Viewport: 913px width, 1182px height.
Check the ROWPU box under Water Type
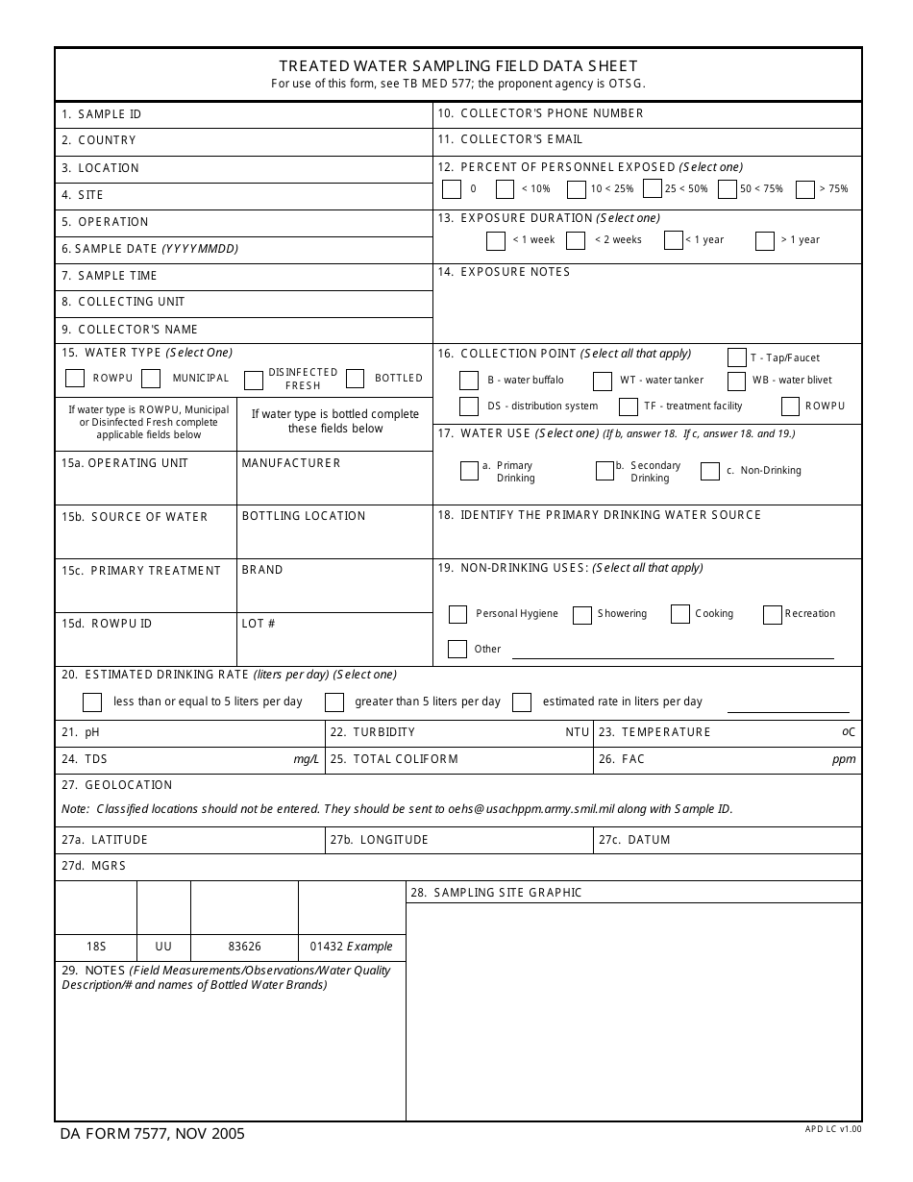point(75,379)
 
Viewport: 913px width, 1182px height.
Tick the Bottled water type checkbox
point(355,379)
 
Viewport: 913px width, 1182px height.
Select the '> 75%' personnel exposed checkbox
point(805,189)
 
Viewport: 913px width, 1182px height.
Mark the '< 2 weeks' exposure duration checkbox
point(576,240)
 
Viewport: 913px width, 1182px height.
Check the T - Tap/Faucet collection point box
point(737,357)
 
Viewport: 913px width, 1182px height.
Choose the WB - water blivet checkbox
point(736,381)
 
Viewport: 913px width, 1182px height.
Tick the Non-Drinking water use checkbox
point(710,471)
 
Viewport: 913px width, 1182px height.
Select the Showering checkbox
point(582,615)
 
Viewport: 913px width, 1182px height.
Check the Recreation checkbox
point(773,615)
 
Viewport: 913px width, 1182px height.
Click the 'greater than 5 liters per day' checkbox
point(334,702)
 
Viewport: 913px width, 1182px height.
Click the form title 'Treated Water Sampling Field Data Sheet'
point(457,66)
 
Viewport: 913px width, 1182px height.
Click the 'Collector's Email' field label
point(521,139)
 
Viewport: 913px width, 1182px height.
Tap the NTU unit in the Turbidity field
point(577,732)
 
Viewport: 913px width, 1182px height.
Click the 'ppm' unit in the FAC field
point(844,759)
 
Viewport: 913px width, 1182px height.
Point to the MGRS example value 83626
point(244,947)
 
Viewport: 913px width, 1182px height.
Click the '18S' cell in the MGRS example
point(96,947)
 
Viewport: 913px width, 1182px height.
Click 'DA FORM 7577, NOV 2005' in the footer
point(153,1134)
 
